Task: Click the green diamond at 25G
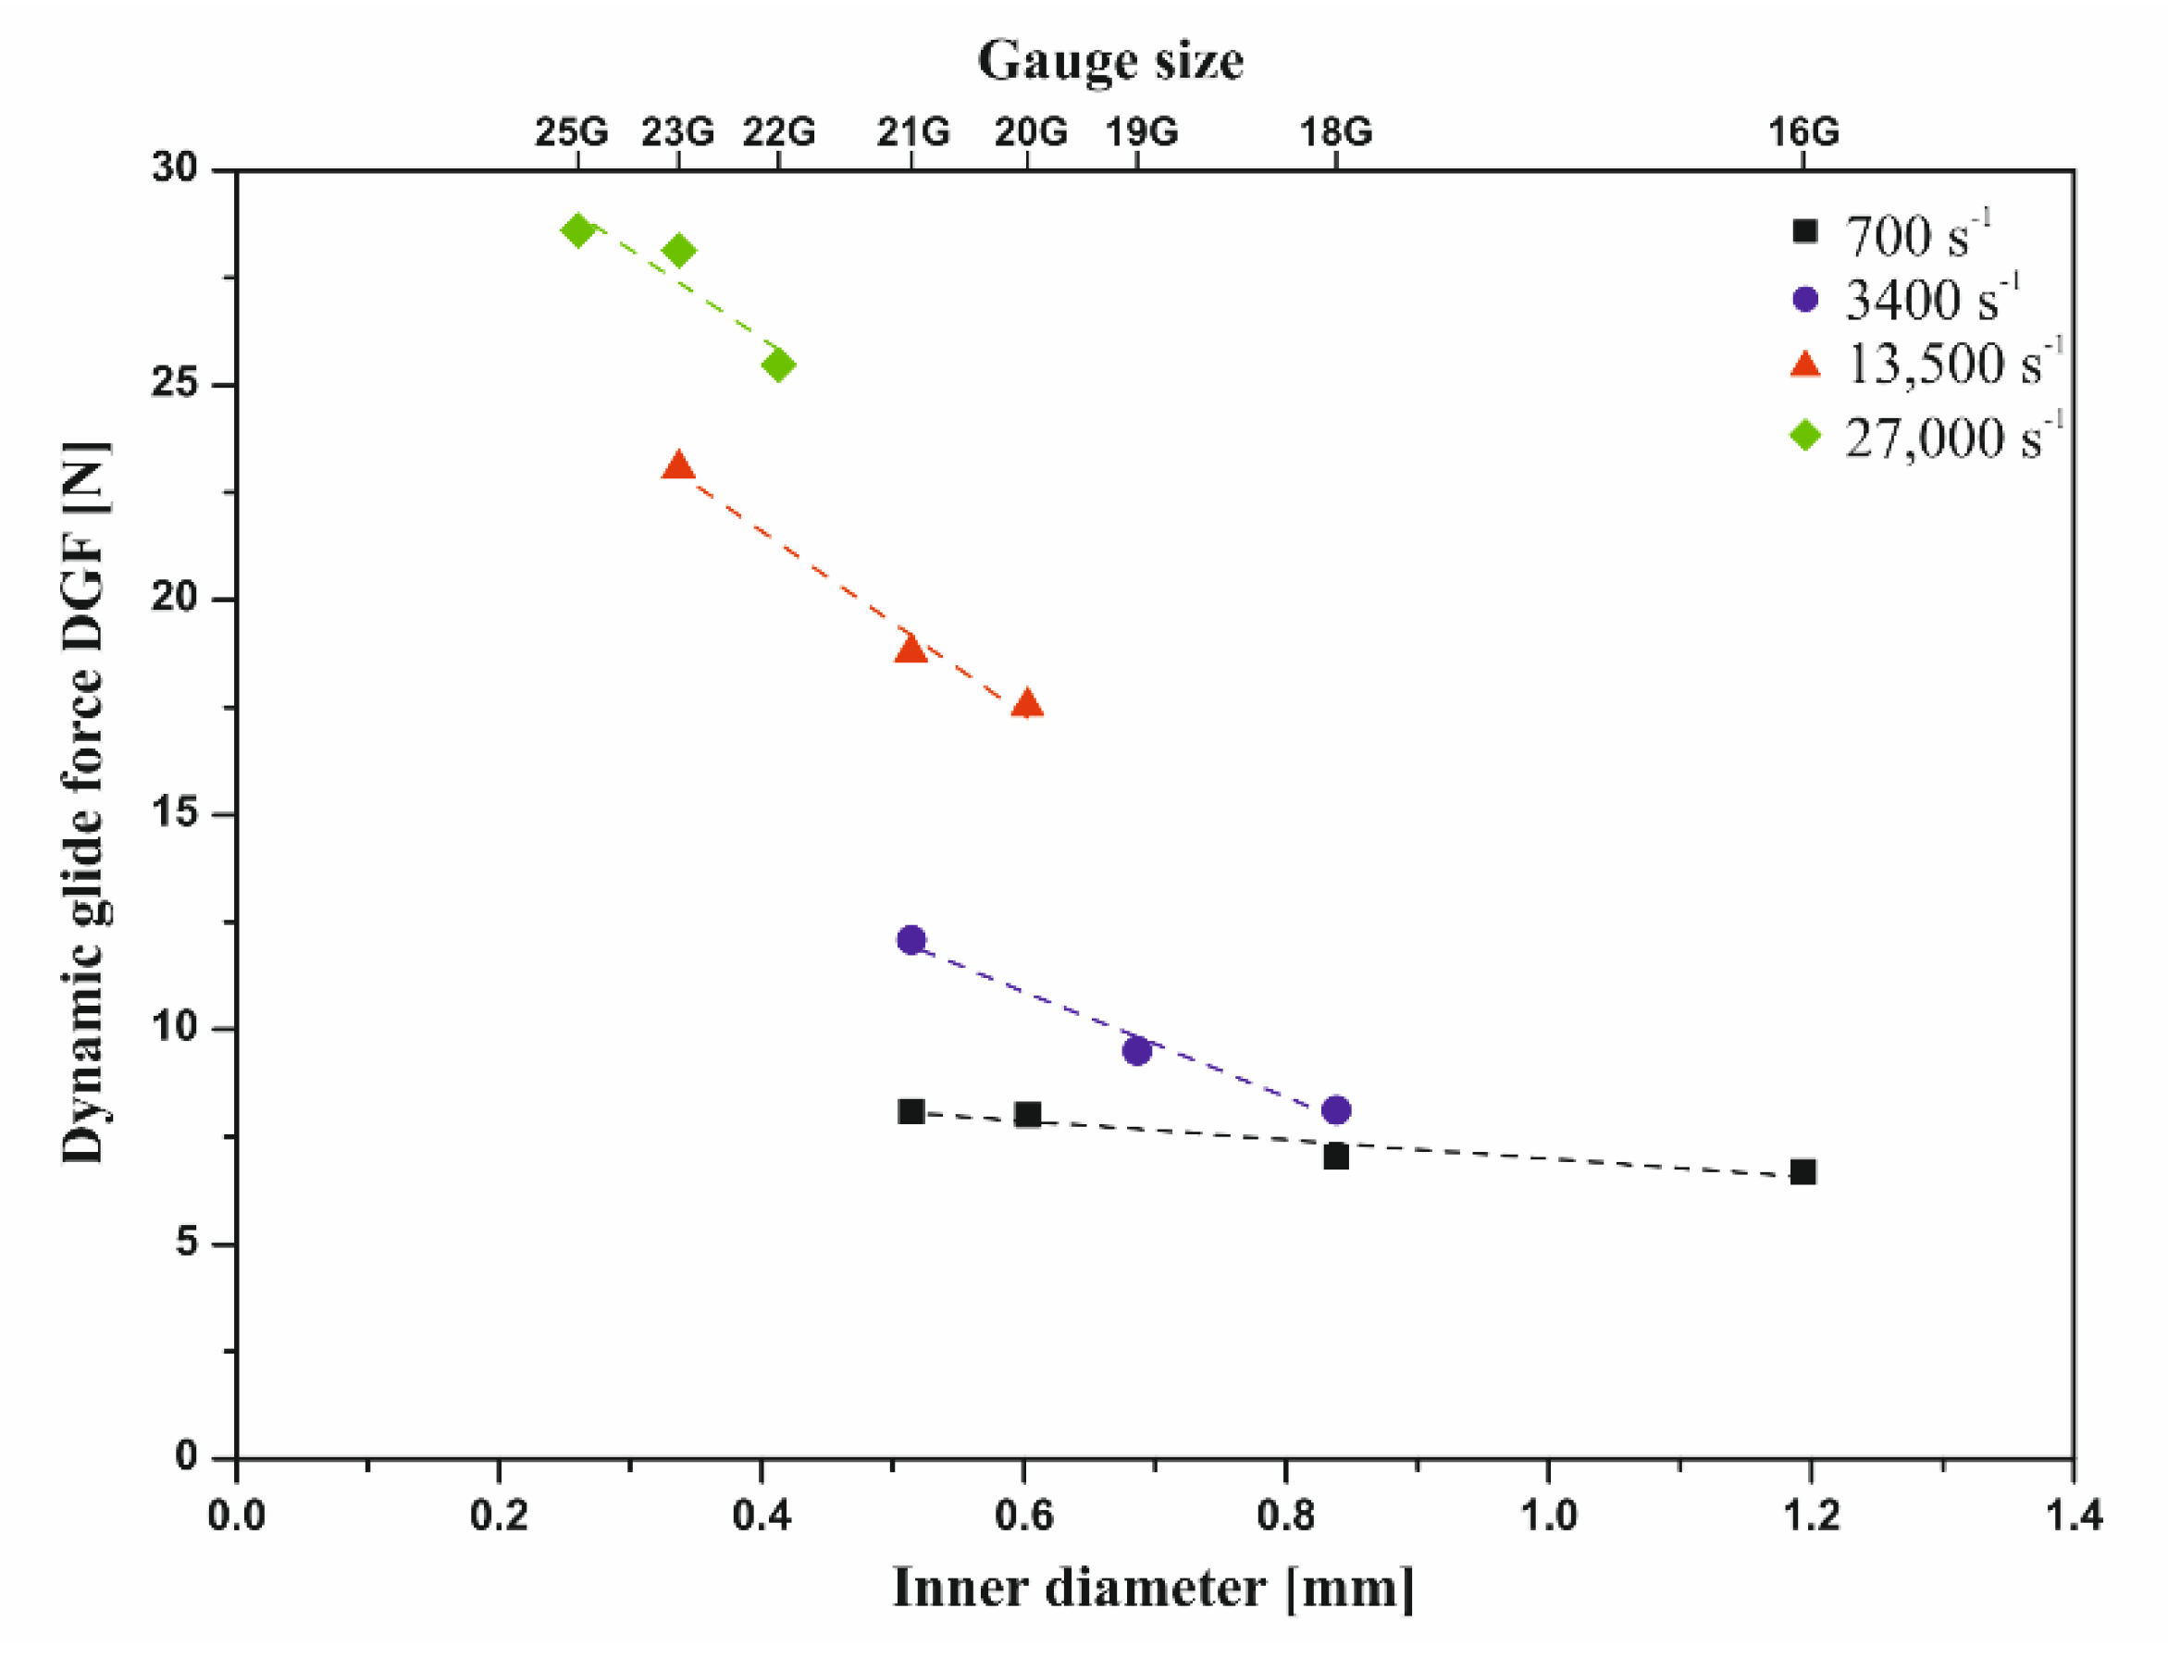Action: [x=577, y=231]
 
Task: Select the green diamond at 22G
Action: [x=778, y=365]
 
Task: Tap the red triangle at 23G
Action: [x=678, y=465]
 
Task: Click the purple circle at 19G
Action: [x=1137, y=1051]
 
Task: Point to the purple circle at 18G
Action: [x=1336, y=1110]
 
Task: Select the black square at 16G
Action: [x=1803, y=1172]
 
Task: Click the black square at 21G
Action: [x=911, y=1112]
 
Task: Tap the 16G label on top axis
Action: [x=1803, y=131]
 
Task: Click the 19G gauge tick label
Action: [x=1141, y=131]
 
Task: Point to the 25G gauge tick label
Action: [x=573, y=131]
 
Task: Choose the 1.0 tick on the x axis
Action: [x=1547, y=1514]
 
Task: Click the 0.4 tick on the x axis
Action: [x=761, y=1514]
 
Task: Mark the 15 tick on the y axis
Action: [x=178, y=813]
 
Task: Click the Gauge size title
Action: [x=1110, y=61]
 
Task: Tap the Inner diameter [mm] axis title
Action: [x=1153, y=1589]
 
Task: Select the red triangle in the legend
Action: [x=1805, y=365]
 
